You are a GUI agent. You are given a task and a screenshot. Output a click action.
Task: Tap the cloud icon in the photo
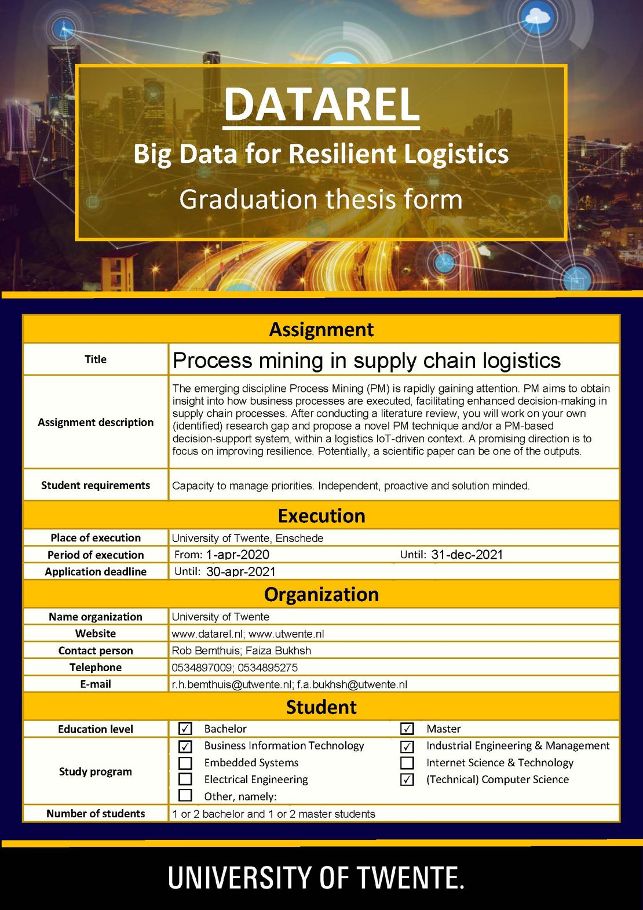538,17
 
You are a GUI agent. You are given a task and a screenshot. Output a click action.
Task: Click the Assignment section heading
321,329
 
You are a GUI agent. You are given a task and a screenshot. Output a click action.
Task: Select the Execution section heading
321,515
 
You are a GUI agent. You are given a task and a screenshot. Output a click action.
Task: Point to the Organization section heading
321,594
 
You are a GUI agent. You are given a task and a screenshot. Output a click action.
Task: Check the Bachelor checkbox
185,729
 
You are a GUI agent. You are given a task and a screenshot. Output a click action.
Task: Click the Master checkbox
407,729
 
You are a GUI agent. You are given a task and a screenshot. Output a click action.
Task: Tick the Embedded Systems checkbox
185,763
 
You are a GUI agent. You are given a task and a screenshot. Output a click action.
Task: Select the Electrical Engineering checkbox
185,779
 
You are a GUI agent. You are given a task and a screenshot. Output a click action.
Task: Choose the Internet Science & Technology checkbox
407,763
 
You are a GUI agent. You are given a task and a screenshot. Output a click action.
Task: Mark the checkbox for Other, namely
185,795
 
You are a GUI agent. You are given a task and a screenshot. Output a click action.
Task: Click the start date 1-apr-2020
238,555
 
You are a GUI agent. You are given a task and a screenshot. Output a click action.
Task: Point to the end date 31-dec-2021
467,555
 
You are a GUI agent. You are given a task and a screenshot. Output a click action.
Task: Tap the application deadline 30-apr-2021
241,572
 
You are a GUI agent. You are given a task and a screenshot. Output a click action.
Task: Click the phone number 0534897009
202,668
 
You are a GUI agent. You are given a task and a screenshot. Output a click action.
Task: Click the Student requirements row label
96,485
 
